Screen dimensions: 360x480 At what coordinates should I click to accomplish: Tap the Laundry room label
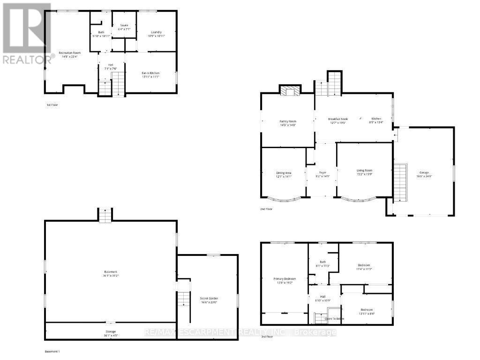(156, 32)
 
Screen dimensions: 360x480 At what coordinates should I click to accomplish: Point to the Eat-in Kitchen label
(151, 73)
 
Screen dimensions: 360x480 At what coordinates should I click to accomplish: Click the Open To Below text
(334, 318)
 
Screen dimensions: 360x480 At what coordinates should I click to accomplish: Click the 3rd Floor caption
(266, 337)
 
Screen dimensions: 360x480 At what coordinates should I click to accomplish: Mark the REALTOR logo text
(28, 60)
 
